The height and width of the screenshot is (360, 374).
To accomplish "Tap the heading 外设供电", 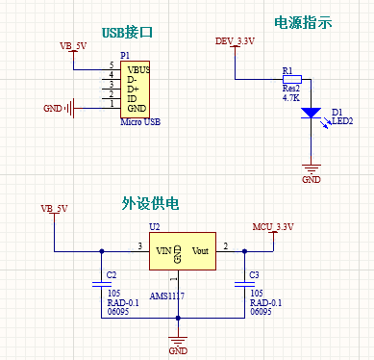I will (x=148, y=204).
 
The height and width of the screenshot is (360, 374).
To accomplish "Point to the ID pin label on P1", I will (x=132, y=97).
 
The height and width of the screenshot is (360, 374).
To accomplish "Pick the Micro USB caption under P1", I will (x=139, y=122).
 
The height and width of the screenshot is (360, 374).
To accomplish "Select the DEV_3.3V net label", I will (x=234, y=40).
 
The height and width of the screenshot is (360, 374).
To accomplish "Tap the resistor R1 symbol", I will (x=290, y=80).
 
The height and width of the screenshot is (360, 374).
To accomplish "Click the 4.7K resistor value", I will (x=290, y=99).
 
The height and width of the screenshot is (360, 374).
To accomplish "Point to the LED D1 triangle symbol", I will (x=311, y=113).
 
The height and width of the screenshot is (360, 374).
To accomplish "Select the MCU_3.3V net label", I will (x=272, y=226).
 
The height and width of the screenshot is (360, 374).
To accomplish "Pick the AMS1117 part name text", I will (x=165, y=298).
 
